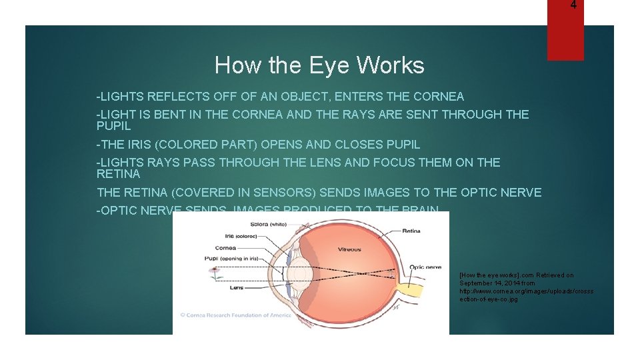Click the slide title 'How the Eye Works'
pyautogui.click(x=319, y=65)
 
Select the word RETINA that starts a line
pyautogui.click(x=119, y=174)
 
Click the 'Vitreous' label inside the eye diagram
pyautogui.click(x=349, y=249)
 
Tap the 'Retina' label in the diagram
pyautogui.click(x=411, y=231)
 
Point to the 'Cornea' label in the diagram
pyautogui.click(x=227, y=247)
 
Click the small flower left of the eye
pyautogui.click(x=215, y=272)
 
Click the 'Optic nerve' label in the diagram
pyautogui.click(x=425, y=267)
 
